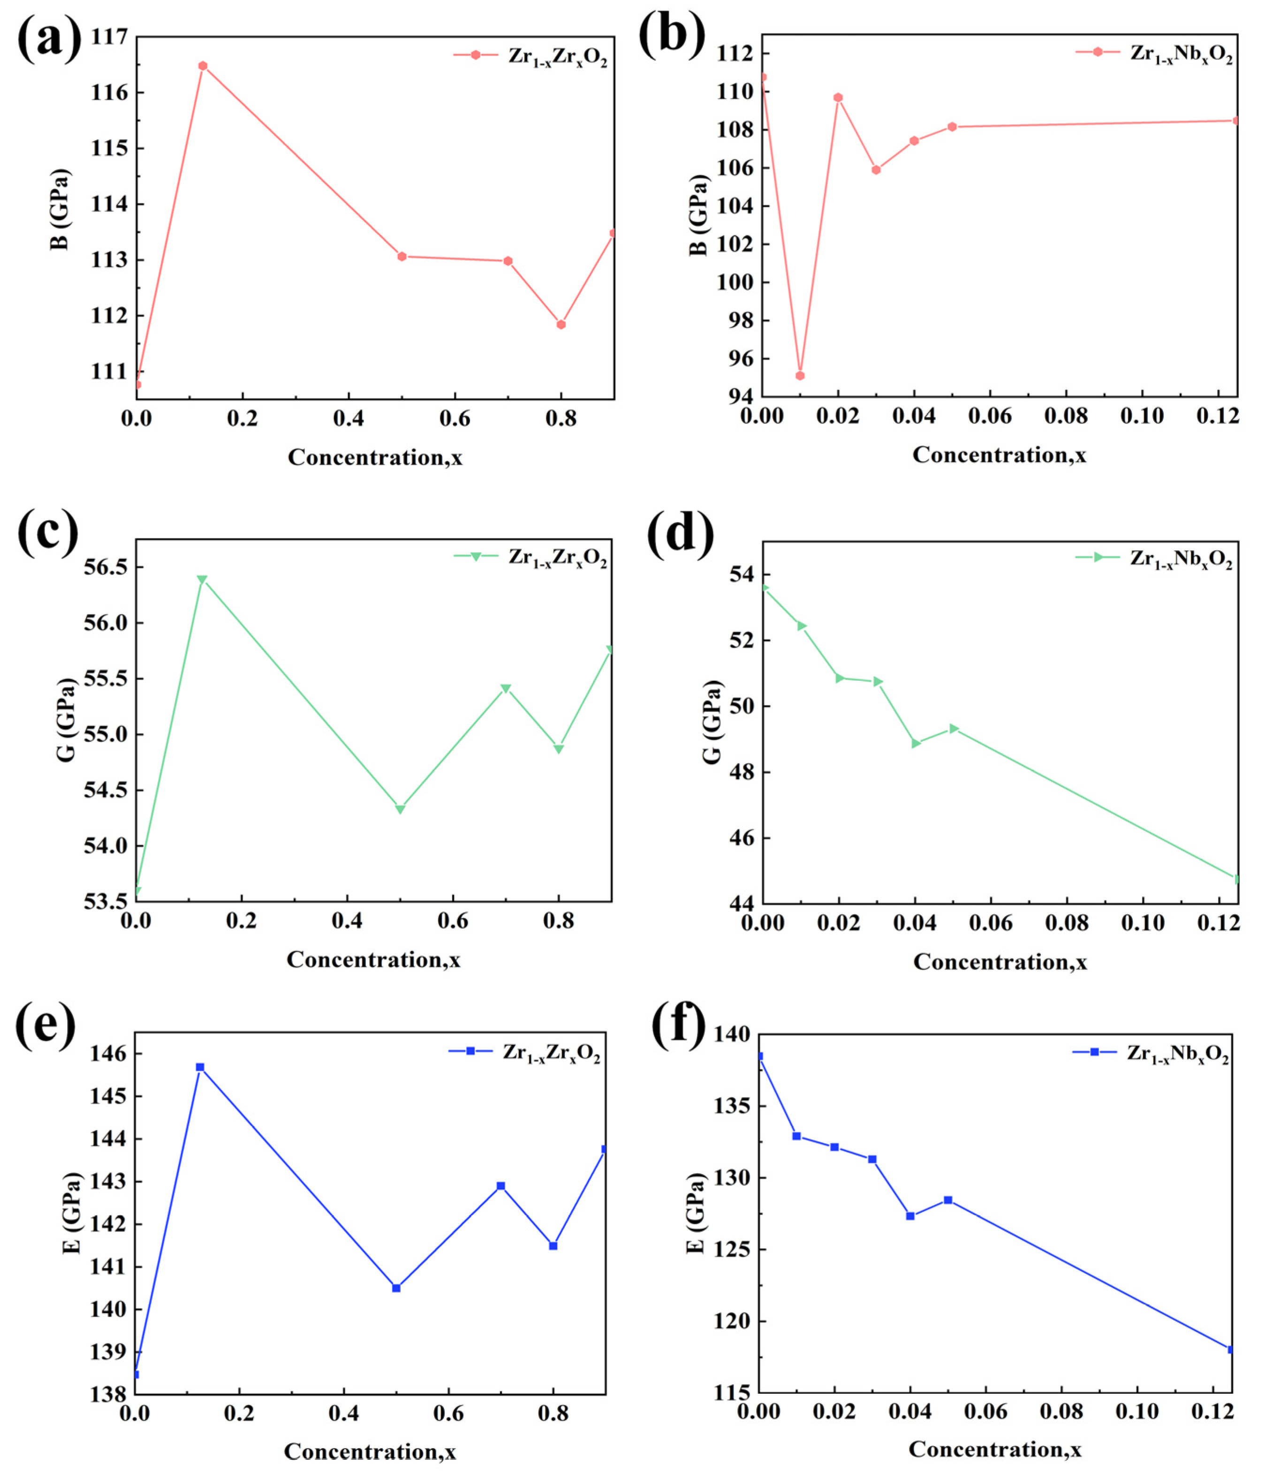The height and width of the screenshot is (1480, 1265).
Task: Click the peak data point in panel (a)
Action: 203,66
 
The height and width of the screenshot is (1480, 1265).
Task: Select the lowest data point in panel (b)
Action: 800,376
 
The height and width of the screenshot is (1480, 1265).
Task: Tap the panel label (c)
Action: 47,533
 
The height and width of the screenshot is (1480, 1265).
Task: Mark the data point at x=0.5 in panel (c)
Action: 401,809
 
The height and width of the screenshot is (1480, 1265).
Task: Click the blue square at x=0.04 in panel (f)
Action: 910,1216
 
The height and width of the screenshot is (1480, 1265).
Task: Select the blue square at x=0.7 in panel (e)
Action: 501,1186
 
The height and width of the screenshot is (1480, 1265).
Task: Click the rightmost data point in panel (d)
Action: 1236,879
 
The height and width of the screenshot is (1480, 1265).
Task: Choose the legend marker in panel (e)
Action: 470,1051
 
